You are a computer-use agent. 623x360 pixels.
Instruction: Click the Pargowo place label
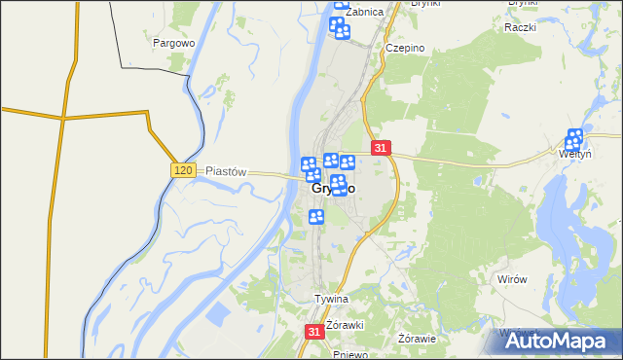click(175, 43)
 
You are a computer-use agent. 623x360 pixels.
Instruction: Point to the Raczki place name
click(521, 27)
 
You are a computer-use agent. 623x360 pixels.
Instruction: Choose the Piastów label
click(227, 170)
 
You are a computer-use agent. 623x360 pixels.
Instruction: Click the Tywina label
click(331, 299)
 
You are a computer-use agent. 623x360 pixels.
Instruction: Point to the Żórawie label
click(417, 339)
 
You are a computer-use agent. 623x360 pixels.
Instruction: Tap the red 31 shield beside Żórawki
click(313, 331)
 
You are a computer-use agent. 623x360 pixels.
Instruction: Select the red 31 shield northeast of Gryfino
click(381, 148)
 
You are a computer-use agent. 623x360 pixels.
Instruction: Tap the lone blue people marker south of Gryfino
click(315, 216)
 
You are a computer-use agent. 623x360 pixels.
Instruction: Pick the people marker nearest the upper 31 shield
click(347, 162)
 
